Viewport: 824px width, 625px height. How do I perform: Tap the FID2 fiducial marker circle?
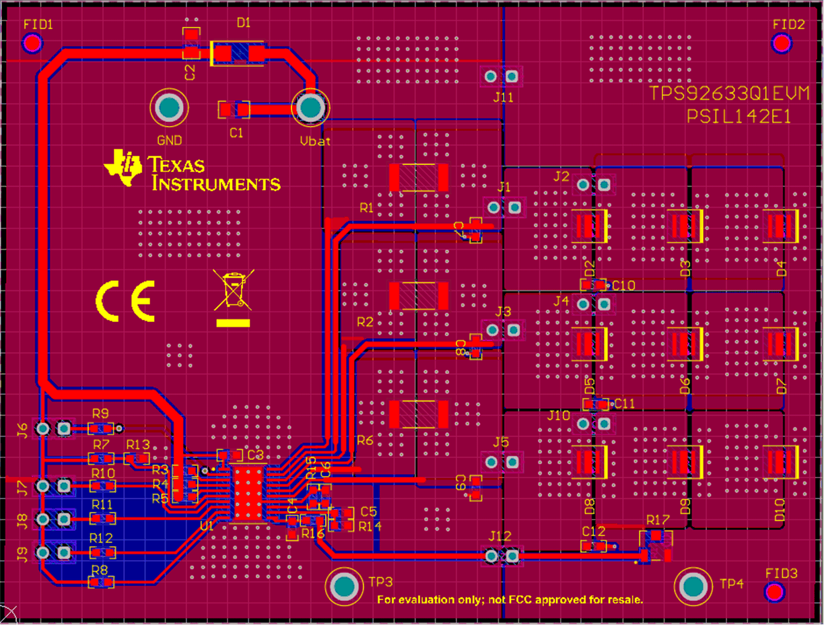pyautogui.click(x=782, y=44)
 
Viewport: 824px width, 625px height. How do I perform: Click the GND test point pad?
pyautogui.click(x=169, y=108)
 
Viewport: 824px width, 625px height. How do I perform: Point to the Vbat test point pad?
pyautogui.click(x=310, y=108)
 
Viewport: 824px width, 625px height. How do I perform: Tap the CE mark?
pyautogui.click(x=125, y=300)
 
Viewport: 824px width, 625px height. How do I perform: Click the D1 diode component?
pyautogui.click(x=238, y=53)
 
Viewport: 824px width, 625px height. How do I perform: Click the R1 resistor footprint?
pyautogui.click(x=418, y=177)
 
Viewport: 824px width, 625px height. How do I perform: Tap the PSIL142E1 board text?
pyautogui.click(x=739, y=116)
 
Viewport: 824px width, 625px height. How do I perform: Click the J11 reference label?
pyautogui.click(x=503, y=97)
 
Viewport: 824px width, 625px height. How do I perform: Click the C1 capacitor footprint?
pyautogui.click(x=235, y=109)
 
